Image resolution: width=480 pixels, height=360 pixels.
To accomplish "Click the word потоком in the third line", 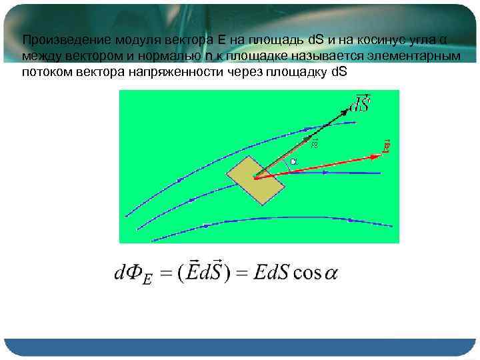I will coord(45,71).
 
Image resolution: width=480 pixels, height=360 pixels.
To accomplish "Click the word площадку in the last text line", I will coord(297,71).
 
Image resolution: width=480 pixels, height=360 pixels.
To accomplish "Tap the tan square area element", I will coord(257,179).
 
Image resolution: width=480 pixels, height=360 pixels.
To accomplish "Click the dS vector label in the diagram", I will coord(362,103).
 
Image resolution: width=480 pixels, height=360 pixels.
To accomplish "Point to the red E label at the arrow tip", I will coord(387,146).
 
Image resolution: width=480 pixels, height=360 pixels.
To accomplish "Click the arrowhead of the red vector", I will coord(376,156).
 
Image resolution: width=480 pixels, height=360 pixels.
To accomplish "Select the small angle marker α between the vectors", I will coord(293,162).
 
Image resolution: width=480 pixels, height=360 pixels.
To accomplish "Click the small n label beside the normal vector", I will coord(315,143).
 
